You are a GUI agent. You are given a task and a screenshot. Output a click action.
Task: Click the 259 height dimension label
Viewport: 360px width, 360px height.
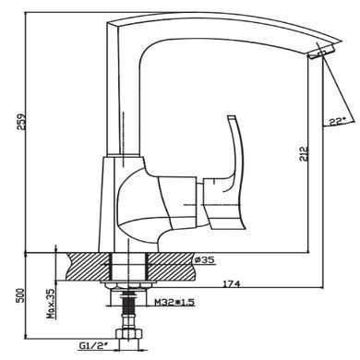click(22, 123)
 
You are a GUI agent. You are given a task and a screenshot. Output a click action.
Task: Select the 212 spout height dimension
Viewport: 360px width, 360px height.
click(304, 153)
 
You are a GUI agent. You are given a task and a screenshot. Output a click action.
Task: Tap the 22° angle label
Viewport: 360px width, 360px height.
click(338, 121)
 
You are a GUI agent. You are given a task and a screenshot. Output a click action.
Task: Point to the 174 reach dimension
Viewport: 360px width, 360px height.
click(232, 283)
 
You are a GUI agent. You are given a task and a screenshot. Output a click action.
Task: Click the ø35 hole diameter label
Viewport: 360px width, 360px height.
click(205, 260)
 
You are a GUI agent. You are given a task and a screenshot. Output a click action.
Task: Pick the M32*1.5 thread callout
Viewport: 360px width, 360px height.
click(174, 302)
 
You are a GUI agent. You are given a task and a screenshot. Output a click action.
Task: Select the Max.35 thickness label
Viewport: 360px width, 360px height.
click(51, 304)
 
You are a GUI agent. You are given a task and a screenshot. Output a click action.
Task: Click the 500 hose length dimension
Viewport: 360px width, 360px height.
click(20, 295)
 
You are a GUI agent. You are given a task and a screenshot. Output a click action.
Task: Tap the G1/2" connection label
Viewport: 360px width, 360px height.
click(93, 346)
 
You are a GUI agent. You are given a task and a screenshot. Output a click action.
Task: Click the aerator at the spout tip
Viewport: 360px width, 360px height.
click(320, 53)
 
